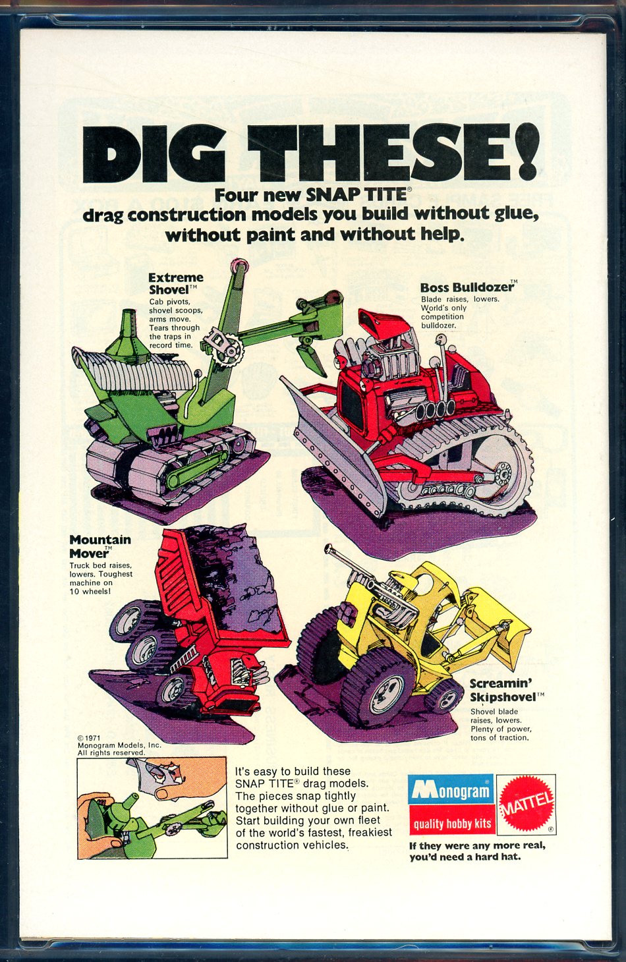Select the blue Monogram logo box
coord(451,789)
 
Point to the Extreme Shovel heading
coord(176,283)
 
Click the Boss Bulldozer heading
coord(467,287)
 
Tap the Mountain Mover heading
coord(100,546)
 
